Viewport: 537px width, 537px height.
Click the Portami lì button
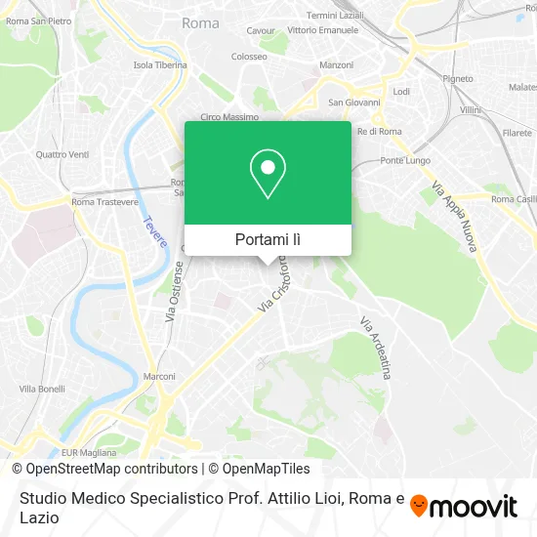pyautogui.click(x=268, y=239)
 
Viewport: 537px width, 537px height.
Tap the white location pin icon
pyautogui.click(x=268, y=174)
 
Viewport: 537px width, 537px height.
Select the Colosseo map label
pyautogui.click(x=249, y=57)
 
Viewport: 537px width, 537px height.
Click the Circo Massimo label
pyautogui.click(x=228, y=117)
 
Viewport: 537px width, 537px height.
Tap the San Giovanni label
pyautogui.click(x=347, y=102)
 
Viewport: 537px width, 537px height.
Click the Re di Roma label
pyautogui.click(x=380, y=131)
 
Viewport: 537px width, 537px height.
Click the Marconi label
pyautogui.click(x=159, y=376)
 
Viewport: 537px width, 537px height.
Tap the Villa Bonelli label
pyautogui.click(x=42, y=389)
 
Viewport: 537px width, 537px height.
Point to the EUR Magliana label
pyautogui.click(x=89, y=453)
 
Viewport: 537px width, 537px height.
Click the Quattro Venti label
pyautogui.click(x=62, y=154)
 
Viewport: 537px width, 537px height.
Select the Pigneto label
pyautogui.click(x=430, y=78)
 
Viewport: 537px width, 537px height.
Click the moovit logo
pyautogui.click(x=463, y=507)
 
